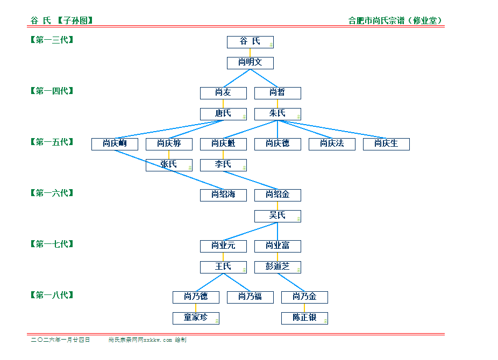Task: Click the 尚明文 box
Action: coord(250,63)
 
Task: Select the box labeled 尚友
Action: coord(223,93)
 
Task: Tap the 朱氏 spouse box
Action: coord(278,114)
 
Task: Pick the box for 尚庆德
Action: coord(278,144)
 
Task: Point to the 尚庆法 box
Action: coord(332,144)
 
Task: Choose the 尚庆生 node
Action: coord(386,144)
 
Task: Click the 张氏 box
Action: coord(169,165)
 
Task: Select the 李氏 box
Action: coord(223,165)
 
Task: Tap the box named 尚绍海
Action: coord(223,195)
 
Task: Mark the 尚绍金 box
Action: coord(278,195)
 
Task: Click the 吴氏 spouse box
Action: coord(278,216)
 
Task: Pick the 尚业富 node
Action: coord(278,246)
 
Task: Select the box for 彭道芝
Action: coord(278,267)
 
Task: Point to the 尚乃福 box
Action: coord(250,297)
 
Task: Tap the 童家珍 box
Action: coord(196,318)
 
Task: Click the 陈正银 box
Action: coord(304,318)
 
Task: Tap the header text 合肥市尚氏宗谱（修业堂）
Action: coord(396,21)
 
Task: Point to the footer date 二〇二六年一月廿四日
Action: coord(61,340)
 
